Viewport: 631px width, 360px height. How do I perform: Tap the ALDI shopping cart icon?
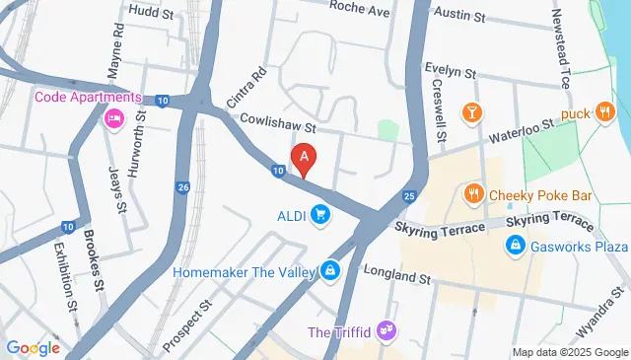[x=319, y=214]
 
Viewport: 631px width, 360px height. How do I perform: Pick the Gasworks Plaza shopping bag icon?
[x=514, y=246]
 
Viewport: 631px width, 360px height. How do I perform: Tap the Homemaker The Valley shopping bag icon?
[x=329, y=269]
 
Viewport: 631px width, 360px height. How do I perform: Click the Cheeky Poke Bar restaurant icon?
[x=474, y=194]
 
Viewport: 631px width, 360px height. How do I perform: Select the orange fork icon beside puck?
[x=604, y=113]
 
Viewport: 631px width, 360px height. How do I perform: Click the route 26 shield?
[x=183, y=187]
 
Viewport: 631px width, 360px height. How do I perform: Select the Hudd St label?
[x=150, y=14]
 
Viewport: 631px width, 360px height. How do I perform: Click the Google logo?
[x=33, y=347]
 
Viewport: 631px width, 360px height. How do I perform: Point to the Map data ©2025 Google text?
[x=569, y=352]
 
